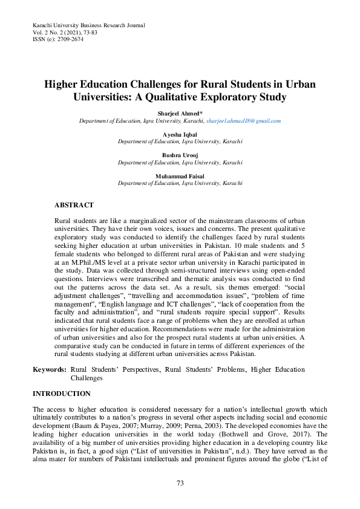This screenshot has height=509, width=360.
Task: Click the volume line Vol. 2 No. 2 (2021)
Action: (59, 32)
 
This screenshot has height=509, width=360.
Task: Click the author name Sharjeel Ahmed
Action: (179, 114)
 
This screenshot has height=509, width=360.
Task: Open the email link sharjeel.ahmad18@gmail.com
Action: (243, 121)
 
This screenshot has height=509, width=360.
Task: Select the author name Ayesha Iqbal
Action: (180, 134)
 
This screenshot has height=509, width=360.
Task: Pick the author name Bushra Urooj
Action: (180, 155)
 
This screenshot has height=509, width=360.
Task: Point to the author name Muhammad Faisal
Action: (180, 176)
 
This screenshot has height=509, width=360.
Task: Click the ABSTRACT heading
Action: (74, 206)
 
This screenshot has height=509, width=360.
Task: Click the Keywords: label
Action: (49, 369)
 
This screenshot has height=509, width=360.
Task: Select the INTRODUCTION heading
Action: (61, 394)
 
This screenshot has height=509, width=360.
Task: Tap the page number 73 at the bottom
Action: (180, 483)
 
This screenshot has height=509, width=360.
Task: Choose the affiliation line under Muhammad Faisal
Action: (180, 183)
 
